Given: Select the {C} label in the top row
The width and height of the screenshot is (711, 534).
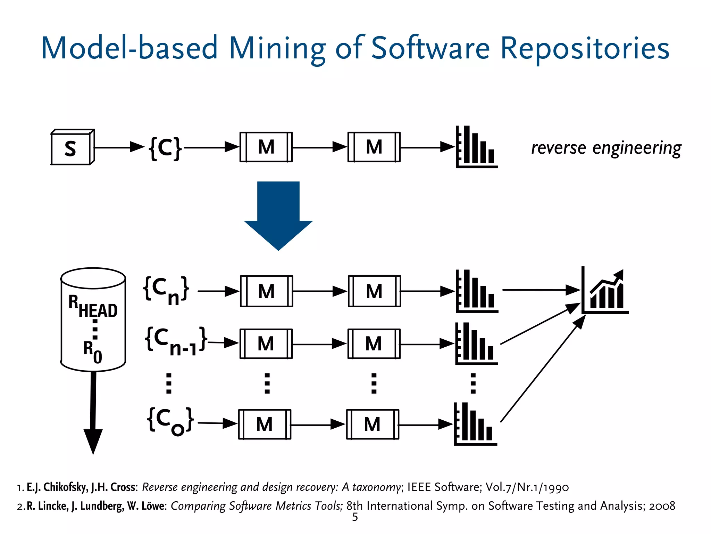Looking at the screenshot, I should coord(165,148).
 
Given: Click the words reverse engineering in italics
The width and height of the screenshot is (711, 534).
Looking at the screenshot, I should coord(606,148).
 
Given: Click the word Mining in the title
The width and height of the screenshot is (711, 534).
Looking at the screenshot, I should coord(277,49).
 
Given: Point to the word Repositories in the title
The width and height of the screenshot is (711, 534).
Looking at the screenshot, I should coord(585,49).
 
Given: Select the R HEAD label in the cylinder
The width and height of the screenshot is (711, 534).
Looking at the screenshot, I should coord(93,306).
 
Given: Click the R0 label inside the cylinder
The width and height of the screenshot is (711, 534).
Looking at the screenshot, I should coord(93,351).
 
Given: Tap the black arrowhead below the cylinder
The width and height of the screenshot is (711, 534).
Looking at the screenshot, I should coord(93,441).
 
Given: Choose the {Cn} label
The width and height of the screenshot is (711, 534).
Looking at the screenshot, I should coord(166,290).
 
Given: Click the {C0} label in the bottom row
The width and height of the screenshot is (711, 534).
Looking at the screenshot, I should coord(170,421).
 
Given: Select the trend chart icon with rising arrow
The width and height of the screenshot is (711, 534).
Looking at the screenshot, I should coord(605,291).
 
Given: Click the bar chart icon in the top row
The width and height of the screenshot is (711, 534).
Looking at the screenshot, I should coord(476,147).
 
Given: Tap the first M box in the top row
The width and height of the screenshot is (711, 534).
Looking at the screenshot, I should coord(266,147).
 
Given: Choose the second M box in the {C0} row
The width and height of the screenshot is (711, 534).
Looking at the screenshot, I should coord(372,424).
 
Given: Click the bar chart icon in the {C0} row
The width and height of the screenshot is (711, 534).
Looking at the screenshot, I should coord(475,424).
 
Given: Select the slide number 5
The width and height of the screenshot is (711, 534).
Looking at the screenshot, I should coord(355,517).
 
